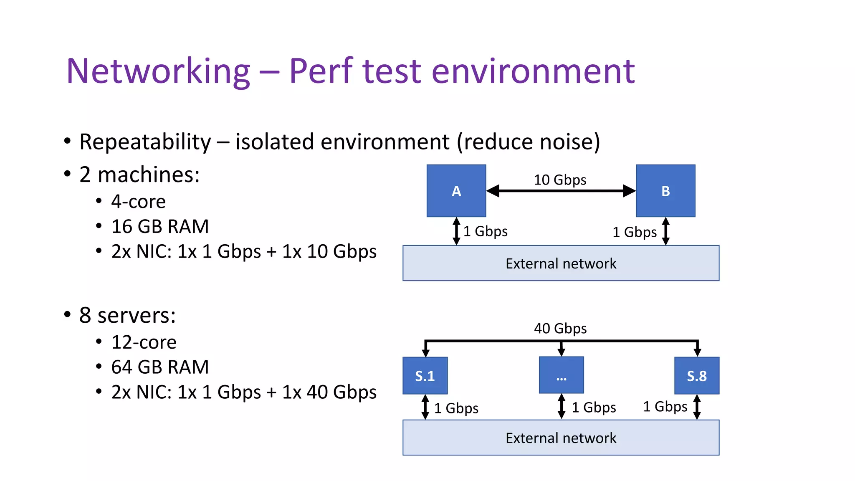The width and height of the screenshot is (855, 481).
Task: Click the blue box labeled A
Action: click(x=456, y=191)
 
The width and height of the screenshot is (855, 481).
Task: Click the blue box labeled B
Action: click(x=665, y=191)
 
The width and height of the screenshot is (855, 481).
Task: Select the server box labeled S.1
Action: click(x=425, y=376)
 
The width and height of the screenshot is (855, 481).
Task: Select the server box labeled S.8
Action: click(x=697, y=376)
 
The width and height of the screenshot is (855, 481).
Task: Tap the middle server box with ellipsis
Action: click(x=561, y=375)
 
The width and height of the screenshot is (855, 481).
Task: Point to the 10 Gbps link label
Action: click(x=560, y=180)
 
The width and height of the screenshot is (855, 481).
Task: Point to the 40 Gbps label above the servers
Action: click(x=560, y=329)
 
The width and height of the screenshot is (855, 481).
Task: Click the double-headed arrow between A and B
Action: click(x=561, y=191)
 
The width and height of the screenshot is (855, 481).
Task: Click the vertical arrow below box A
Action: click(x=456, y=231)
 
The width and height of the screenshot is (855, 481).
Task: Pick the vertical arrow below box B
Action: click(x=666, y=231)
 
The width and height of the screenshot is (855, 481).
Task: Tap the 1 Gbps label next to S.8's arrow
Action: click(x=665, y=407)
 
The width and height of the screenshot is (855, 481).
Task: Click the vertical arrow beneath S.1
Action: click(x=425, y=407)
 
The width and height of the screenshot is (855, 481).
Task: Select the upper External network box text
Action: click(x=561, y=264)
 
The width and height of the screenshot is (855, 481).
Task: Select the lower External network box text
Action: click(x=561, y=438)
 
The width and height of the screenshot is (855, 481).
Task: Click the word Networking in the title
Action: click(x=158, y=71)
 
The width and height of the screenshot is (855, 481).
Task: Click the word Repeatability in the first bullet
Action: click(x=145, y=142)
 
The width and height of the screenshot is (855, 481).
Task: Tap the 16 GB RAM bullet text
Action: click(x=160, y=227)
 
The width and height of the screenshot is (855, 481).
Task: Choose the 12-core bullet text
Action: click(x=144, y=342)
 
